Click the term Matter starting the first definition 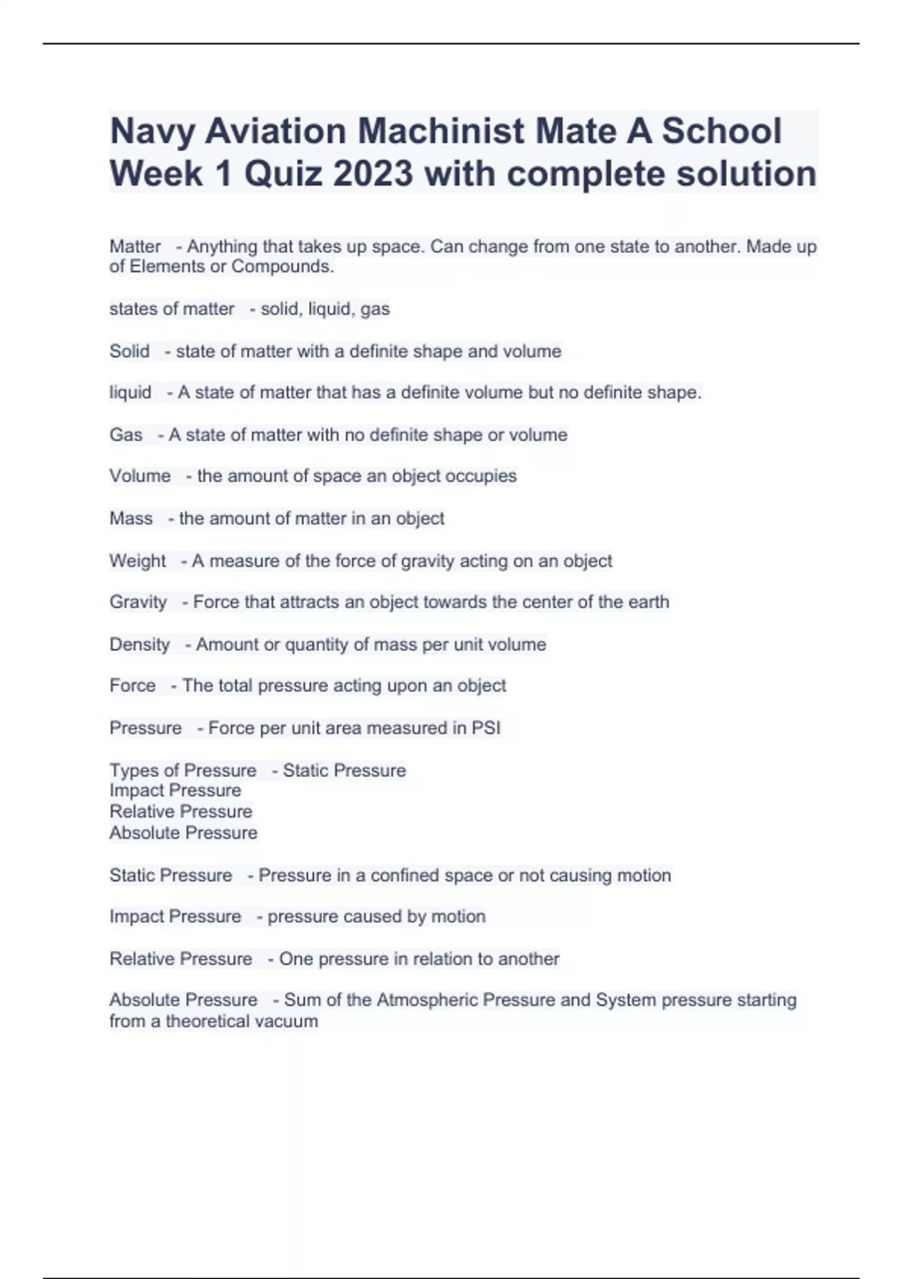[135, 246]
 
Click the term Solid [129, 351]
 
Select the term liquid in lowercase [130, 393]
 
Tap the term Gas [126, 435]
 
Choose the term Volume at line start [140, 476]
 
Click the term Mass [131, 518]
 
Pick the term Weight [138, 561]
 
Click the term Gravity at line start [138, 602]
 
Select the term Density [140, 644]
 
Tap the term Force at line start [132, 685]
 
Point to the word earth [647, 602]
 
